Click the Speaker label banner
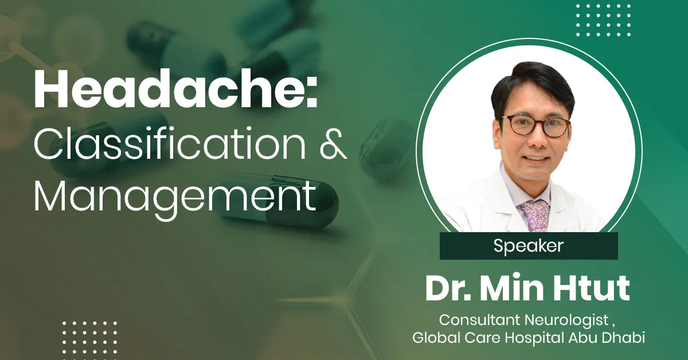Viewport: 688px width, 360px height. [528, 246]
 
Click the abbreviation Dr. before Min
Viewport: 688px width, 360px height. [445, 289]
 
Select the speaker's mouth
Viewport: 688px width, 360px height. [536, 158]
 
